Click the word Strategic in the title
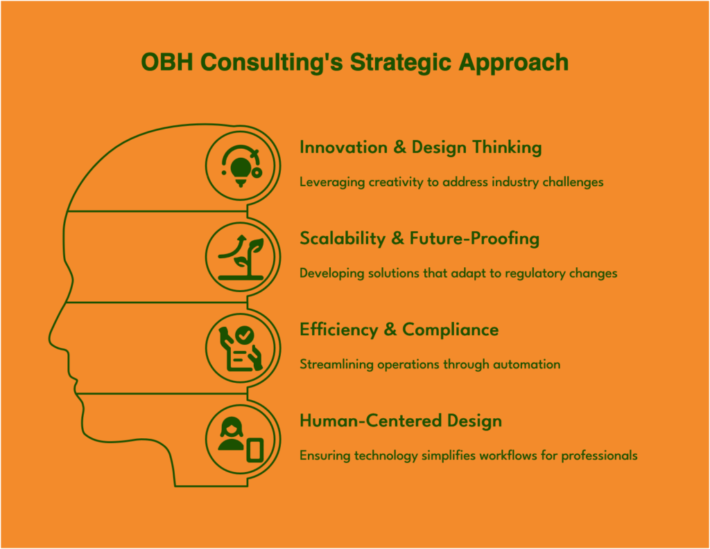pos(401,62)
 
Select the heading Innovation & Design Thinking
pos(421,148)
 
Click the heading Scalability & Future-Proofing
pos(419,239)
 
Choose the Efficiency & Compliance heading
pos(399,330)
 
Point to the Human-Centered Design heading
pos(401,421)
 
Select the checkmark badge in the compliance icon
pos(245,336)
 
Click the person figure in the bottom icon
pos(232,433)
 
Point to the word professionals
pos(599,456)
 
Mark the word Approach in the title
pos(514,63)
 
